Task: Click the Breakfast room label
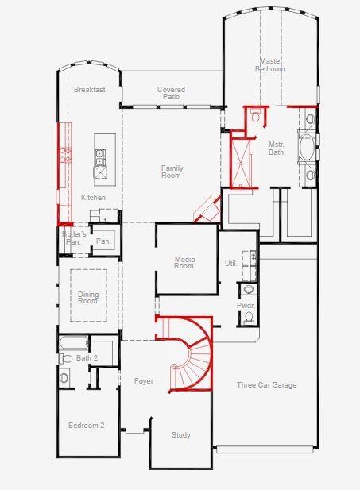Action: [x=90, y=90]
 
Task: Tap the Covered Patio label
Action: [x=171, y=93]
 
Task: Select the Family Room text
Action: [x=172, y=172]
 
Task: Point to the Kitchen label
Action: [x=93, y=198]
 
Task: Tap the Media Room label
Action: [x=184, y=262]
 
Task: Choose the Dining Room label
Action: [x=87, y=298]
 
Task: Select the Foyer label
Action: [x=143, y=381]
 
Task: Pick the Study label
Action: [x=180, y=434]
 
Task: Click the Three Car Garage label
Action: [x=266, y=385]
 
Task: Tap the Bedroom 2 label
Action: [x=86, y=426]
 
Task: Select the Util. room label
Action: [x=231, y=263]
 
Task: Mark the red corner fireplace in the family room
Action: [x=208, y=208]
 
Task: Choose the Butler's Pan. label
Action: [x=74, y=238]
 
